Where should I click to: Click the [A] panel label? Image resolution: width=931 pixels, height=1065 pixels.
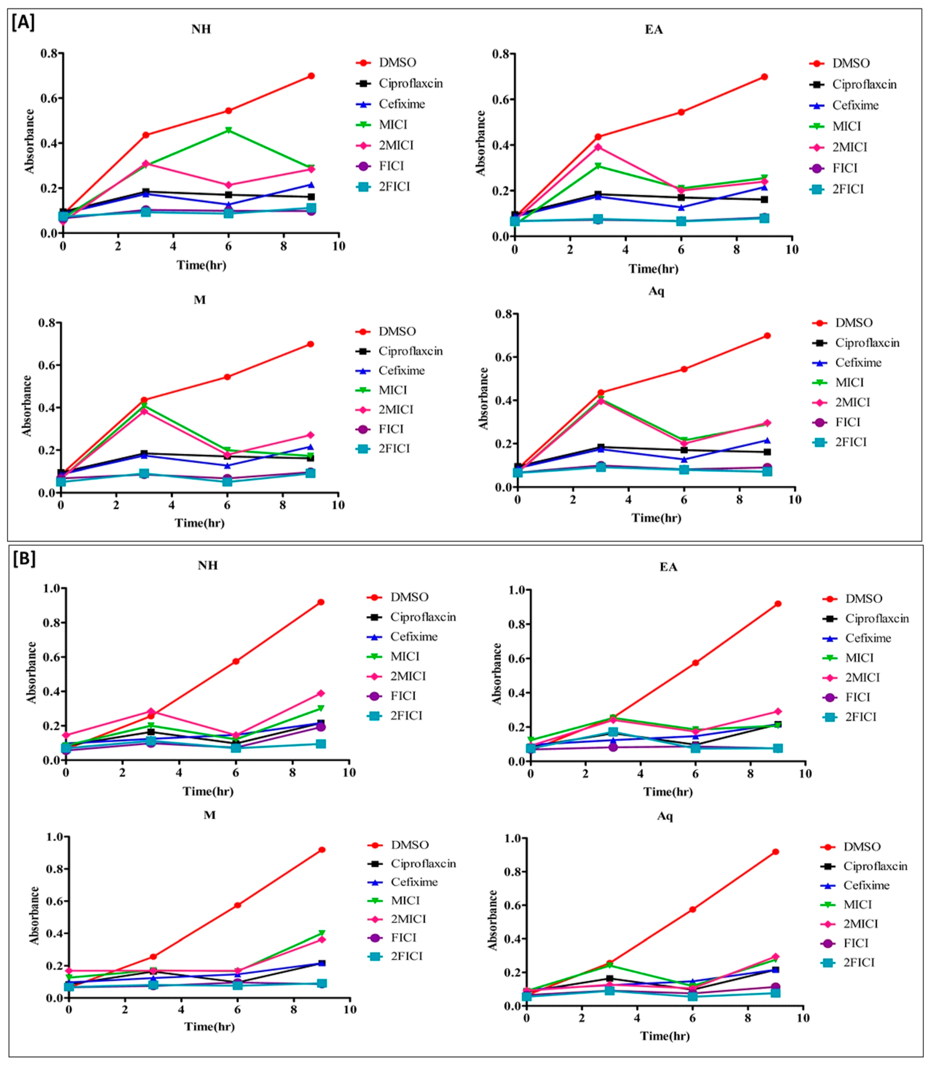[x=23, y=23]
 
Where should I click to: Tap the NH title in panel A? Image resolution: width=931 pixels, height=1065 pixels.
[x=201, y=29]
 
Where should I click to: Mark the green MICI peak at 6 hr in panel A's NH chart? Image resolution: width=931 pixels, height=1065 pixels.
[x=228, y=130]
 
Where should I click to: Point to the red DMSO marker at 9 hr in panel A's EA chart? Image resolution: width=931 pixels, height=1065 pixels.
[x=764, y=77]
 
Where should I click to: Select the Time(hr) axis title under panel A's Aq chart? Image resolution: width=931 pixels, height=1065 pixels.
[x=656, y=518]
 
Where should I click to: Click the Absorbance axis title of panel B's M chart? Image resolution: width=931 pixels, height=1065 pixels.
[x=34, y=915]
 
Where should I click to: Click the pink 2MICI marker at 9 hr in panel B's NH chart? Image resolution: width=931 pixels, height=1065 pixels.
[x=321, y=693]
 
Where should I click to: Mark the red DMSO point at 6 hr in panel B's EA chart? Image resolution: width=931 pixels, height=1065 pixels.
[x=695, y=663]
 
